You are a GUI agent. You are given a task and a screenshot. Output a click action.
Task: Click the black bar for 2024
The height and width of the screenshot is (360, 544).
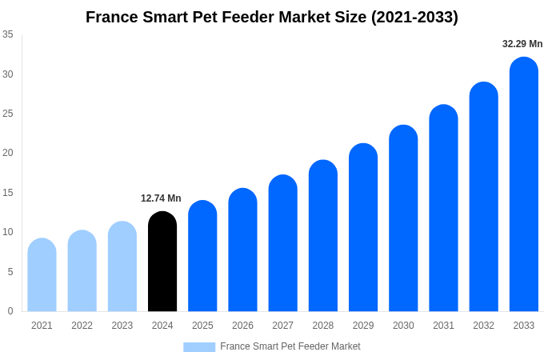click(162, 262)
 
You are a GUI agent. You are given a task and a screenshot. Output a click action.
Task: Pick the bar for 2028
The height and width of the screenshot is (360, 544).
click(323, 236)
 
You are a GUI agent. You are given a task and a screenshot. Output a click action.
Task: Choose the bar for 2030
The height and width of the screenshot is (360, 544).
click(403, 218)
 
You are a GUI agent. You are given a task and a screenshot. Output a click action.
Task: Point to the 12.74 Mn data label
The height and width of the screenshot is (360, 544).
click(161, 198)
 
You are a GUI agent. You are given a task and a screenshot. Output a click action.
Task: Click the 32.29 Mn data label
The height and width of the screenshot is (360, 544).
click(522, 44)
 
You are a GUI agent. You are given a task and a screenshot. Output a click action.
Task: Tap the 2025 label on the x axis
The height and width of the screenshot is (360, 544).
click(202, 326)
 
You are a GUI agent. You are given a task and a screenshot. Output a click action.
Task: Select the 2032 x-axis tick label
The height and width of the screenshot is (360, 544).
click(483, 326)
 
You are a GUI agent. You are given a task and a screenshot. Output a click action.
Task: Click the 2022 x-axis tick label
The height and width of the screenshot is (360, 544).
click(82, 326)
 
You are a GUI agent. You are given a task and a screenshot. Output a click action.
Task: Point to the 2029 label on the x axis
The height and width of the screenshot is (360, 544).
click(363, 326)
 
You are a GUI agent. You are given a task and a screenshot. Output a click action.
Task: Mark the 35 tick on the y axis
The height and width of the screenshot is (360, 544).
click(8, 34)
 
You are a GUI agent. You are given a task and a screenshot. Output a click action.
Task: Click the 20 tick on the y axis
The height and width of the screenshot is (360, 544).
click(8, 153)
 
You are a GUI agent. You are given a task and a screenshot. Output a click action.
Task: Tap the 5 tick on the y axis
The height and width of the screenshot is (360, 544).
click(10, 272)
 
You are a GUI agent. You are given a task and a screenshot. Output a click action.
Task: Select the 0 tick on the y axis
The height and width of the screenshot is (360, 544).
click(10, 311)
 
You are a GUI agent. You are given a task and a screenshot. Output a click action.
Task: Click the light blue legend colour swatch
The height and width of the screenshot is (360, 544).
click(199, 346)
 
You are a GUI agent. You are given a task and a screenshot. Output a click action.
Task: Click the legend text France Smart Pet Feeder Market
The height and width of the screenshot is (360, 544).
click(290, 346)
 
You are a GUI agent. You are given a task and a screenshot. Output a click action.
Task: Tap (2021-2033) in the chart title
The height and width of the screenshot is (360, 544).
click(414, 17)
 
